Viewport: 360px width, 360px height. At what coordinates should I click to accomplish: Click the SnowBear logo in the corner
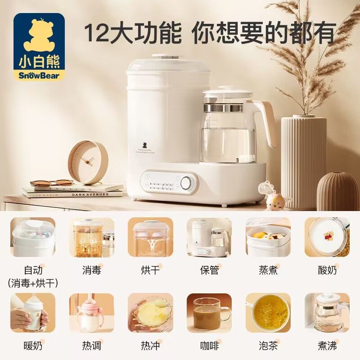pyautogui.click(x=39, y=48)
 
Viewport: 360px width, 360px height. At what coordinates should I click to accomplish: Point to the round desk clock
pyautogui.click(x=87, y=162)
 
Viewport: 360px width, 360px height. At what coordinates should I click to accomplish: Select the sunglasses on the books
pyautogui.click(x=52, y=183)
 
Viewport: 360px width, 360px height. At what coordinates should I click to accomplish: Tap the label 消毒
pyautogui.click(x=91, y=270)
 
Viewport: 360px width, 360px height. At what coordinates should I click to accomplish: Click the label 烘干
pyautogui.click(x=150, y=270)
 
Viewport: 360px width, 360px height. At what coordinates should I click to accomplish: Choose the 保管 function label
pyautogui.click(x=209, y=270)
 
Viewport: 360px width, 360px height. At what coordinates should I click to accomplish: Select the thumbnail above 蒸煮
pyautogui.click(x=268, y=238)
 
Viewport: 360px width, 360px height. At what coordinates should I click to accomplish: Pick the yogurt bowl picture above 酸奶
pyautogui.click(x=327, y=238)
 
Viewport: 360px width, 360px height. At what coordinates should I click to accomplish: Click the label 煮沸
pyautogui.click(x=327, y=346)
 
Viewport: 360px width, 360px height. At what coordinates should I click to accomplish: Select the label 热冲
pyautogui.click(x=150, y=346)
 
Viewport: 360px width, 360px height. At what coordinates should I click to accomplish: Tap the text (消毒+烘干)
pyautogui.click(x=33, y=283)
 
